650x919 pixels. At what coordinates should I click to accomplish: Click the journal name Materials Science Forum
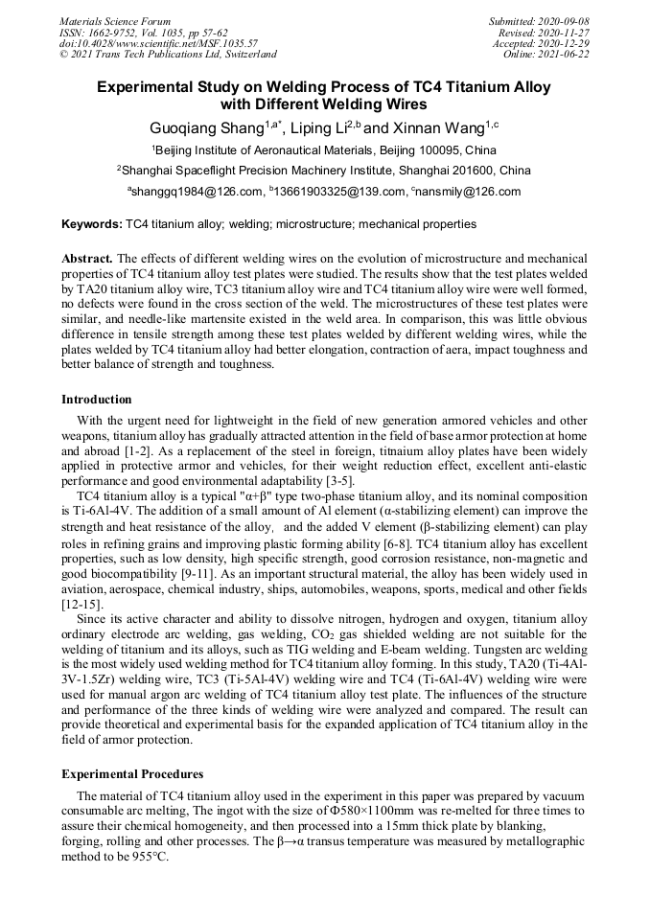click(x=115, y=20)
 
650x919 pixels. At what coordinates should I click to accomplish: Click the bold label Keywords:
click(x=92, y=224)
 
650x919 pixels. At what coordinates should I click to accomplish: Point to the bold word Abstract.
click(x=87, y=259)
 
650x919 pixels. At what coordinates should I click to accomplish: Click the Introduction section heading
click(x=97, y=399)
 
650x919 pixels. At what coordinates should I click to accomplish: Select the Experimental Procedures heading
click(x=131, y=773)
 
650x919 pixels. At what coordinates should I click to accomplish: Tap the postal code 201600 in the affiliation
click(x=456, y=171)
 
